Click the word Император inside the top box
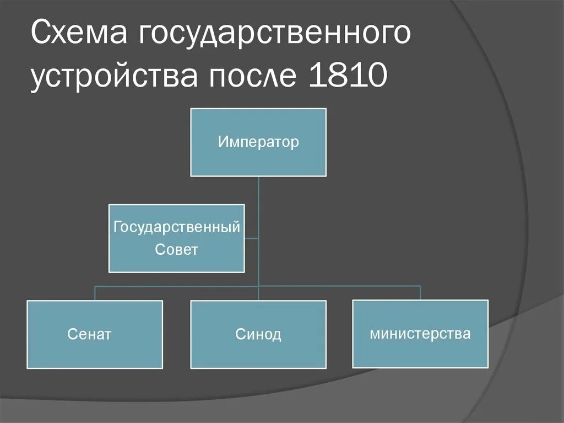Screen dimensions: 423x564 point(258,142)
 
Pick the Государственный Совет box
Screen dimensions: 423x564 point(176,260)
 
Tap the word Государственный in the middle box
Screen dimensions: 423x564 point(176,227)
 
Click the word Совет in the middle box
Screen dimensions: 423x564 point(176,250)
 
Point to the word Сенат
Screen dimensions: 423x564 point(90,334)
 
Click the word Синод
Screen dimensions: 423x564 point(258,334)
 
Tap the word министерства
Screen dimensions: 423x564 point(420,334)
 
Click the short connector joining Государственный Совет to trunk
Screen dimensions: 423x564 point(251,238)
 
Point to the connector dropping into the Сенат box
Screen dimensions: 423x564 point(95,293)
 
